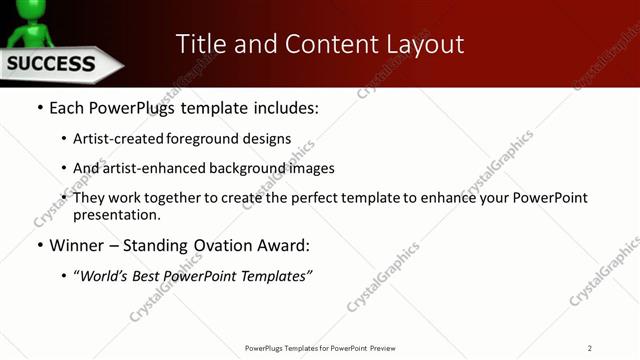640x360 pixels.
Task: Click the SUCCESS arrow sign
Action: [x=55, y=65]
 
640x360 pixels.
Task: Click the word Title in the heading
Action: [x=200, y=44]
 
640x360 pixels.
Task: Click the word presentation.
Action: [x=118, y=214]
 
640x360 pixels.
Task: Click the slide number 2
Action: [x=590, y=348]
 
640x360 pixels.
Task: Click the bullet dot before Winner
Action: [x=39, y=245]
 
